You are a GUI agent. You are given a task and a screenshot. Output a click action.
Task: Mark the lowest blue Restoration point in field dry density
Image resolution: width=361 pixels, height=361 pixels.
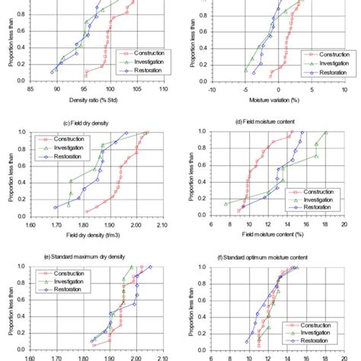coord(55,207)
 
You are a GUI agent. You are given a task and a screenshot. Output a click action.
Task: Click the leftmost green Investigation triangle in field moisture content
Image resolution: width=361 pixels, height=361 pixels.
coord(225,203)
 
